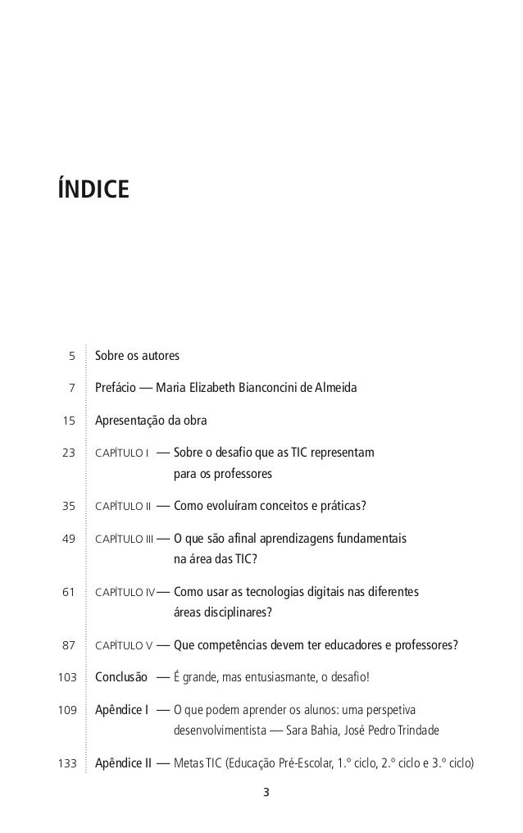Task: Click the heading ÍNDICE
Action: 93,189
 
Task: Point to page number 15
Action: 68,421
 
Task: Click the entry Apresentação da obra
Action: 152,421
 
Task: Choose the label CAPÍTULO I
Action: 121,453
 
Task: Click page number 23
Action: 68,453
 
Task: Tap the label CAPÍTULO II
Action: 124,506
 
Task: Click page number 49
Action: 68,539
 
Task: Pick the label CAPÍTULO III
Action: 125,539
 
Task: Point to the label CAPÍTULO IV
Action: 125,592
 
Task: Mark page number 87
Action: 68,645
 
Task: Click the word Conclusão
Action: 121,677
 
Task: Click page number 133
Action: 66,763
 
